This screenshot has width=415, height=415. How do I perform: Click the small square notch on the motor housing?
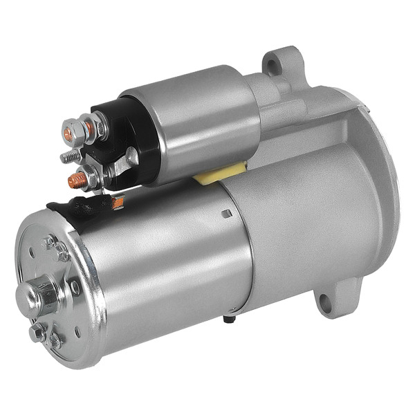point(226,214)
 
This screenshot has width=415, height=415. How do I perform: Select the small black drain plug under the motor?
point(228,319)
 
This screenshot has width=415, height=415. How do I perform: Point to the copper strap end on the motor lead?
point(118,203)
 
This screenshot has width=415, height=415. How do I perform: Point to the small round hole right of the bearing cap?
point(75,286)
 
